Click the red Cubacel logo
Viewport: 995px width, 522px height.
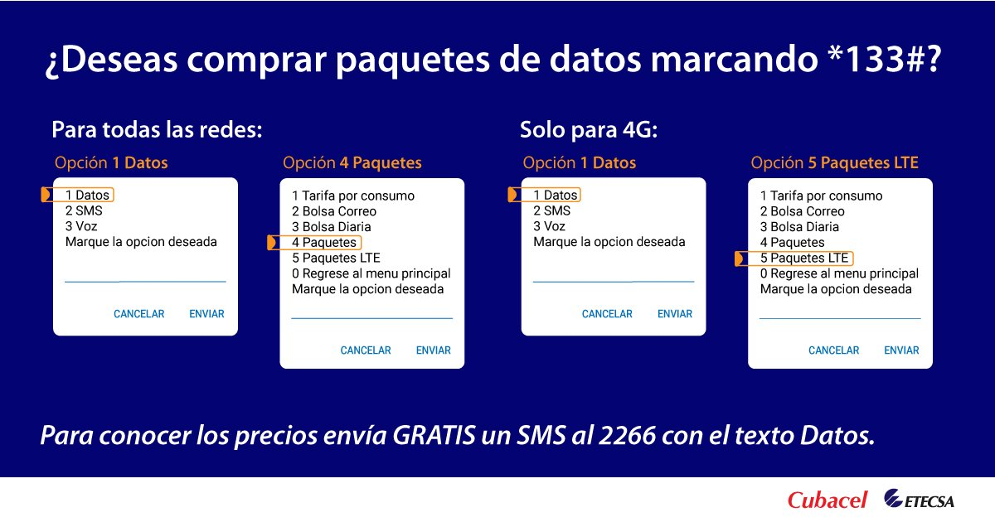(x=827, y=500)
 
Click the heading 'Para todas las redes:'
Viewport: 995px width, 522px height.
(x=157, y=130)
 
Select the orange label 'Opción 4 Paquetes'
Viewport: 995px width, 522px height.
(x=352, y=163)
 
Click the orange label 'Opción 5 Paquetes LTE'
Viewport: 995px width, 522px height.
(x=834, y=163)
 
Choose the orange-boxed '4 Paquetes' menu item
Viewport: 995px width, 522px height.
(x=324, y=243)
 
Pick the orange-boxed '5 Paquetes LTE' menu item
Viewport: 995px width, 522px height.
(x=803, y=259)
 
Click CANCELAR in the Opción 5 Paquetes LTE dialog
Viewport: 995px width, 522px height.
(x=833, y=350)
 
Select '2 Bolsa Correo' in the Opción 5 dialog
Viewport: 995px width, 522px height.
(x=802, y=211)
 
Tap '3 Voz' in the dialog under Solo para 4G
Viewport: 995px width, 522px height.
(x=549, y=226)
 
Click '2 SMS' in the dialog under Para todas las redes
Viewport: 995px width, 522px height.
(x=84, y=210)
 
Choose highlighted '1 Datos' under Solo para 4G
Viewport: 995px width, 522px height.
(x=555, y=196)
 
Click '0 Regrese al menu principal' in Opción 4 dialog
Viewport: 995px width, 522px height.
(x=371, y=273)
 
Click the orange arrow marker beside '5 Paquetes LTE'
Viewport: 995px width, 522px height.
(x=740, y=259)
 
